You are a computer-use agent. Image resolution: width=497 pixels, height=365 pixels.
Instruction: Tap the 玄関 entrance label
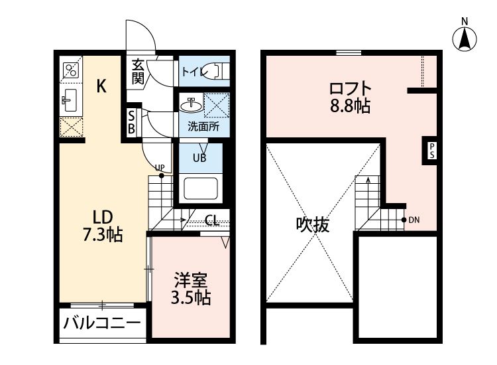coord(138,72)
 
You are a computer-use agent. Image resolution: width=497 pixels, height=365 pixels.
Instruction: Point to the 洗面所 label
coord(203,127)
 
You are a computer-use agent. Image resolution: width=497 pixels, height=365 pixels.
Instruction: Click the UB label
coord(199,158)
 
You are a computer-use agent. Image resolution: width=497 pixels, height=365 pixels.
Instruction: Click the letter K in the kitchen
coord(101,85)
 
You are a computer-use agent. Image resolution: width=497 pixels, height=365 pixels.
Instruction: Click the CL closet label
coord(212,220)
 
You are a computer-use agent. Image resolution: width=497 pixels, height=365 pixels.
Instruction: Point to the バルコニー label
coord(101,325)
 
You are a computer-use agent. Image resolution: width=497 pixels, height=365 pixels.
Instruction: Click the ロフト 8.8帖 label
coord(349,97)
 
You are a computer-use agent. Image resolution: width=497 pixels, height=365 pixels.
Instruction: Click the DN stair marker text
coord(415,220)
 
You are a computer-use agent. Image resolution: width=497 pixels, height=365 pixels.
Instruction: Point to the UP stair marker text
coord(160,167)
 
